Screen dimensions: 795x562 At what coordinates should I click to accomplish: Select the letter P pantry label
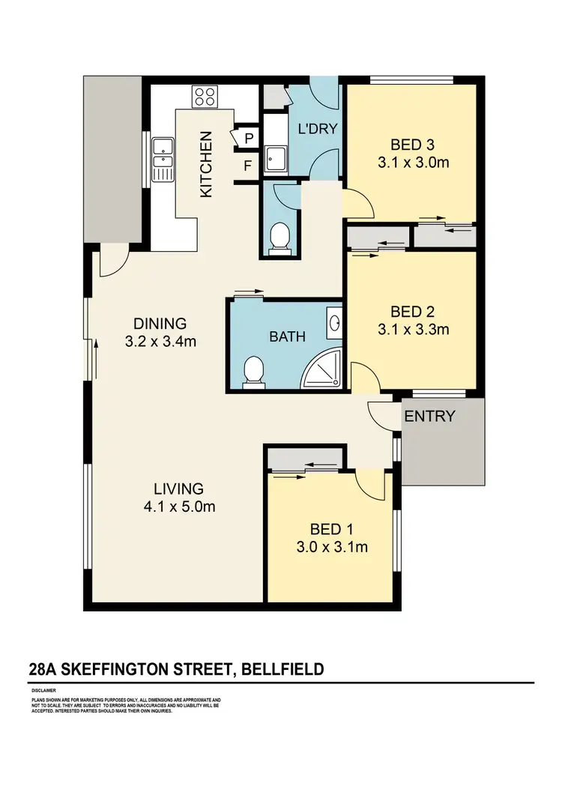point(247,138)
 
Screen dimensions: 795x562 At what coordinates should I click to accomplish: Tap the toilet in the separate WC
point(280,238)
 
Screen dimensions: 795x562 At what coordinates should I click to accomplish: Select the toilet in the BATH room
point(255,371)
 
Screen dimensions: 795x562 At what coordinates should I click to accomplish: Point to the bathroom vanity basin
point(335,324)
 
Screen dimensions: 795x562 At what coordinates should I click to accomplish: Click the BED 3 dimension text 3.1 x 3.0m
point(414,162)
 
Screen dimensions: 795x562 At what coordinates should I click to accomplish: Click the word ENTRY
point(429,416)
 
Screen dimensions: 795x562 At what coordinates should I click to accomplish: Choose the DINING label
point(159,324)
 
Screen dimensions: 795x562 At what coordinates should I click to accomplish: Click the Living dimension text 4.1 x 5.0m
point(181,507)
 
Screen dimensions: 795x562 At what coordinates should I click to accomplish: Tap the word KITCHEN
point(207,164)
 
